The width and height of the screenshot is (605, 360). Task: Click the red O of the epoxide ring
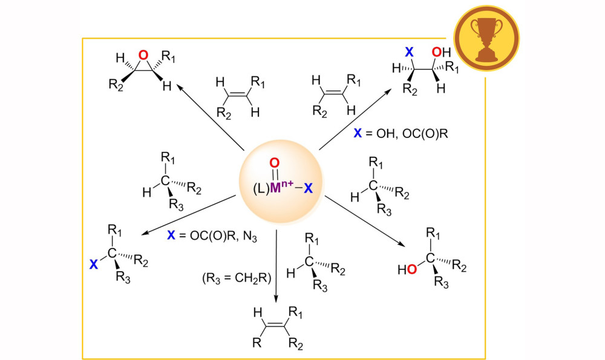click(142, 56)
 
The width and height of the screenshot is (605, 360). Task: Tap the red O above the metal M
click(273, 162)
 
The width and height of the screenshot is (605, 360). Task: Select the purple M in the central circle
click(276, 188)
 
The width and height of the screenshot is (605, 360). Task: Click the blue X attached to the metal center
click(308, 188)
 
